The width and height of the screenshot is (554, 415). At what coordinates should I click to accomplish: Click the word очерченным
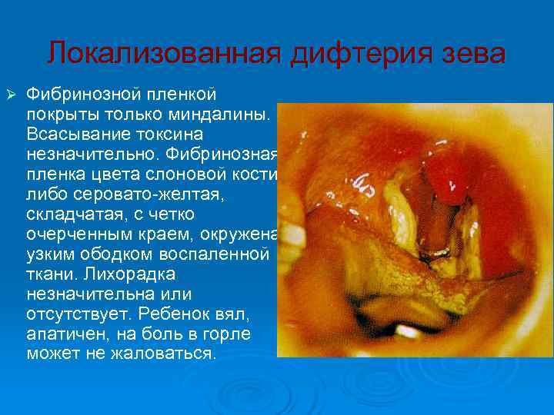coord(82,234)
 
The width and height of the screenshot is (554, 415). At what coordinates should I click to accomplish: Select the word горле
coord(231,334)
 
